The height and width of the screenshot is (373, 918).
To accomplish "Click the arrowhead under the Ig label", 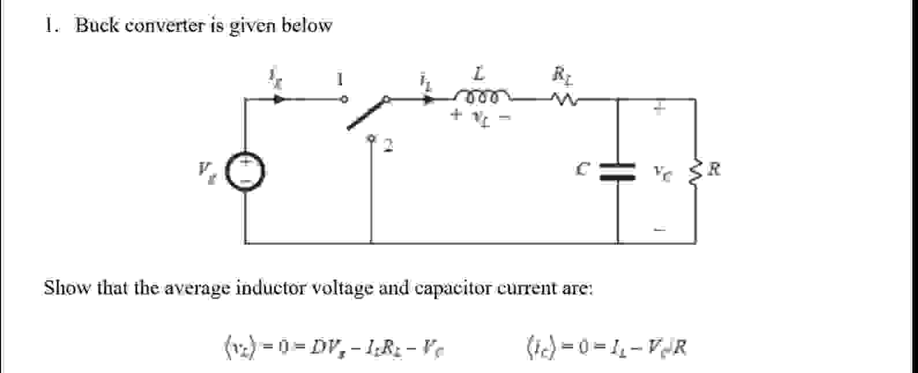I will (280, 99).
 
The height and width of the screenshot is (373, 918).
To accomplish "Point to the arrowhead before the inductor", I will (428, 99).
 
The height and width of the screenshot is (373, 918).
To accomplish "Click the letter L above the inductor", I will (479, 74).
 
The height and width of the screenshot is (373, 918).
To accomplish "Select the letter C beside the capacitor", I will (584, 169).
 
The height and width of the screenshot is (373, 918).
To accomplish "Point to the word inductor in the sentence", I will (272, 288).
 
